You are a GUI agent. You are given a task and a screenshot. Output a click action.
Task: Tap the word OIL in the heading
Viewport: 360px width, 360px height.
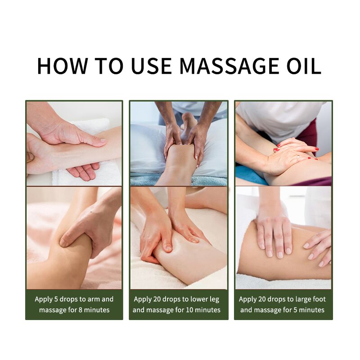304,66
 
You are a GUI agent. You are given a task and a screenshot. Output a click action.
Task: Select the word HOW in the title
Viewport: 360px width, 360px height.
62,66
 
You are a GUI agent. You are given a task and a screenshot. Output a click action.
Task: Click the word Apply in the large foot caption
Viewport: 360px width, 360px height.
248,299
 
